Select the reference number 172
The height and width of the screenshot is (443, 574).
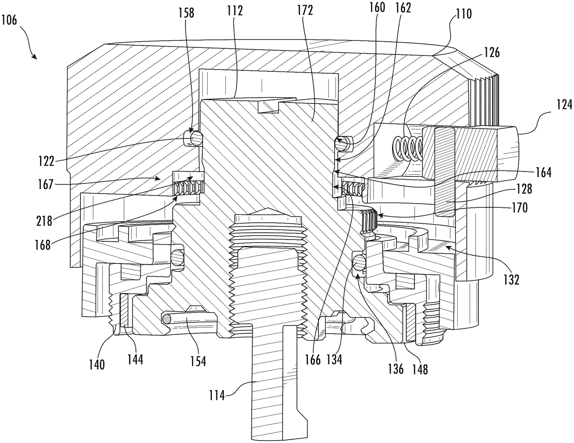[304, 11]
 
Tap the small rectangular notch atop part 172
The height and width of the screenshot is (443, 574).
[268, 106]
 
